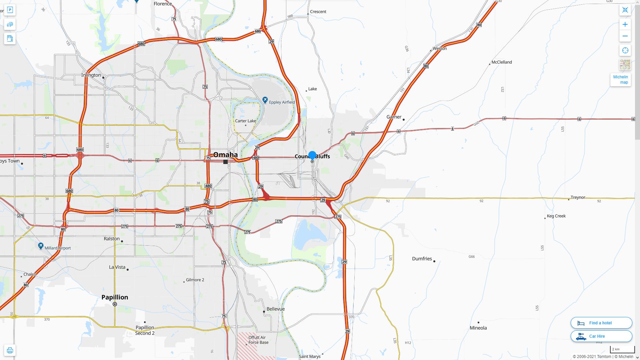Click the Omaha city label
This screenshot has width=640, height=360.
pos(225,155)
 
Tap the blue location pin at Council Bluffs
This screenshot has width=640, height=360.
pos(312,155)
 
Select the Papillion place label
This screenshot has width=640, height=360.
pos(115,297)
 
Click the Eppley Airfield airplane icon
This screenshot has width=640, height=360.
pos(265,100)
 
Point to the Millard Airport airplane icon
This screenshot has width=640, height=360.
pos(41,246)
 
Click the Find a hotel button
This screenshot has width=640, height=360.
pos(601,323)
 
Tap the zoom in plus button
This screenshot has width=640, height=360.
pos(625,24)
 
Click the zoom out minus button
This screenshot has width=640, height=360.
pos(625,36)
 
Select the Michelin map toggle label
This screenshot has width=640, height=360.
pos(620,80)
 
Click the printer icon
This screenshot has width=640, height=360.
pos(10,350)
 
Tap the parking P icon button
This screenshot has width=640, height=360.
pos(10,10)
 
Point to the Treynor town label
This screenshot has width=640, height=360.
pos(578,197)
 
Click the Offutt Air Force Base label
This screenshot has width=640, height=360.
pos(258,340)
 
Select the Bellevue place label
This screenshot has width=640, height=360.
pos(276,309)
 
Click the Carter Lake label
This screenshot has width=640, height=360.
pos(246,121)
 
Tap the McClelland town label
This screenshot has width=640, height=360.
pos(502,62)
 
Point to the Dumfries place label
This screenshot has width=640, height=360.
pos(422,259)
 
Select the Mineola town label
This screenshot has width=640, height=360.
pos(478,328)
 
